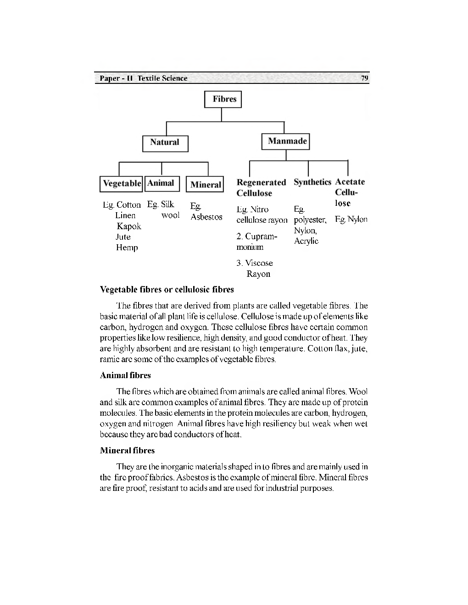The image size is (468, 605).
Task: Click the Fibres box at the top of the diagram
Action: pyautogui.click(x=223, y=99)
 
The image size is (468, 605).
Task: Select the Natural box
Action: pyautogui.click(x=165, y=143)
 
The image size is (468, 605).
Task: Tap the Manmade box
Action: pyautogui.click(x=286, y=141)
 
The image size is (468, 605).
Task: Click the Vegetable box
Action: pyautogui.click(x=122, y=183)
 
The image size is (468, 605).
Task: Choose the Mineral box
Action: pyautogui.click(x=205, y=184)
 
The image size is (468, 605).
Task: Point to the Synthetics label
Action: pyautogui.click(x=312, y=182)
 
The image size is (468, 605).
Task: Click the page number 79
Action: pyautogui.click(x=364, y=78)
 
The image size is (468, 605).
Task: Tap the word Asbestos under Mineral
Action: pyautogui.click(x=206, y=217)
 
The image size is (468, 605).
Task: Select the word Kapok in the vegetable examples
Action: pyautogui.click(x=128, y=226)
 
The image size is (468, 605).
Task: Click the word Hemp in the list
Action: pyautogui.click(x=127, y=247)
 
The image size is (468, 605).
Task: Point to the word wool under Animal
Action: pyautogui.click(x=170, y=215)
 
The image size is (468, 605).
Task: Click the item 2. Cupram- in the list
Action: pyautogui.click(x=257, y=236)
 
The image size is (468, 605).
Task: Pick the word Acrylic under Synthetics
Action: pyautogui.click(x=306, y=241)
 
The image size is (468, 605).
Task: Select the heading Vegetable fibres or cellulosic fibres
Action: pyautogui.click(x=167, y=289)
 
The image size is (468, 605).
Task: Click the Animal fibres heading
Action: pyautogui.click(x=125, y=375)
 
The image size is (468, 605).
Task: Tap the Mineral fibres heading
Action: pyautogui.click(x=127, y=450)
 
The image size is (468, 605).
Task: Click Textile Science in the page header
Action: pyautogui.click(x=162, y=78)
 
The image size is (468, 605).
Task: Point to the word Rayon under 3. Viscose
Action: pyautogui.click(x=258, y=274)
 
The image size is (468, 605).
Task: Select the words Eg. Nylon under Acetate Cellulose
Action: pyautogui.click(x=351, y=219)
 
